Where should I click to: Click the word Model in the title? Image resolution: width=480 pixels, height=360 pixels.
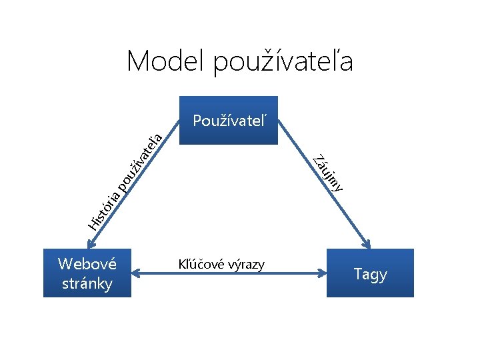(166, 62)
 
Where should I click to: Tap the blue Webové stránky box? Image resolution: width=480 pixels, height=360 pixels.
(87, 273)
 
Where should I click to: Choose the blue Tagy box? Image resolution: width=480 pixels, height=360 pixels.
(370, 273)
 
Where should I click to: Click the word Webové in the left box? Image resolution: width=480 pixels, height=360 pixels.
(87, 263)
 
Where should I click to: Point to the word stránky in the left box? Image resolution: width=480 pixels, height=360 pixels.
(87, 283)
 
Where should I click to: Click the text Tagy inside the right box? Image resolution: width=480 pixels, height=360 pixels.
(370, 274)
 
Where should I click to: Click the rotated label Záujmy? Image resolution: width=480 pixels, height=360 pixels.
(329, 172)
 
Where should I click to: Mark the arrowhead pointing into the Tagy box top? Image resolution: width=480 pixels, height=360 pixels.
(365, 242)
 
